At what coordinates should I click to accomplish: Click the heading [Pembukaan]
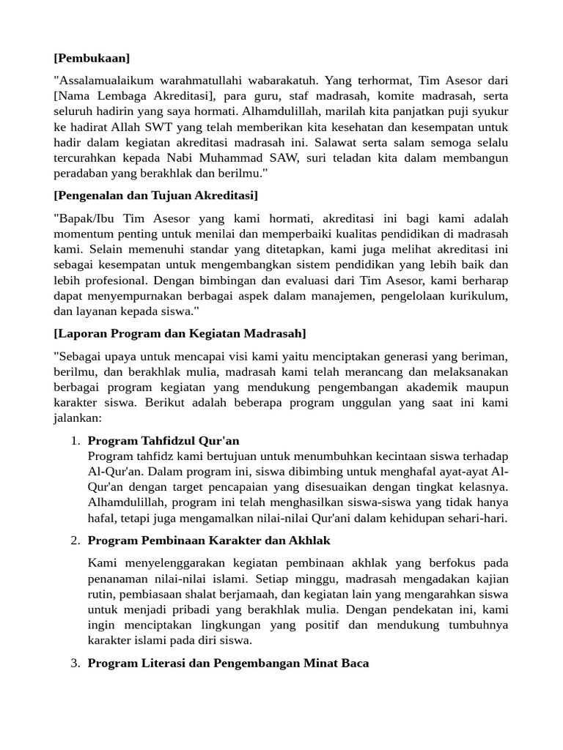click(92, 57)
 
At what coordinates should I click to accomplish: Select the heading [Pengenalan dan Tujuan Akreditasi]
click(155, 196)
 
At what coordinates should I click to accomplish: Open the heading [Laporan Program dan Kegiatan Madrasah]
click(180, 333)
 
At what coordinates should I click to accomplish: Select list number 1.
click(76, 441)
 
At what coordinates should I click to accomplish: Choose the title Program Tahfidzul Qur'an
click(163, 441)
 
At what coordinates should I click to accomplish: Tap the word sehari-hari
click(479, 518)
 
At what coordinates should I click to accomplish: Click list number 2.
click(76, 541)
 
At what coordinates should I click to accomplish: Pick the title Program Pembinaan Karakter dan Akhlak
click(209, 541)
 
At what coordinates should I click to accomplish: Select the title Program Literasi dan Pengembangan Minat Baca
click(228, 663)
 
